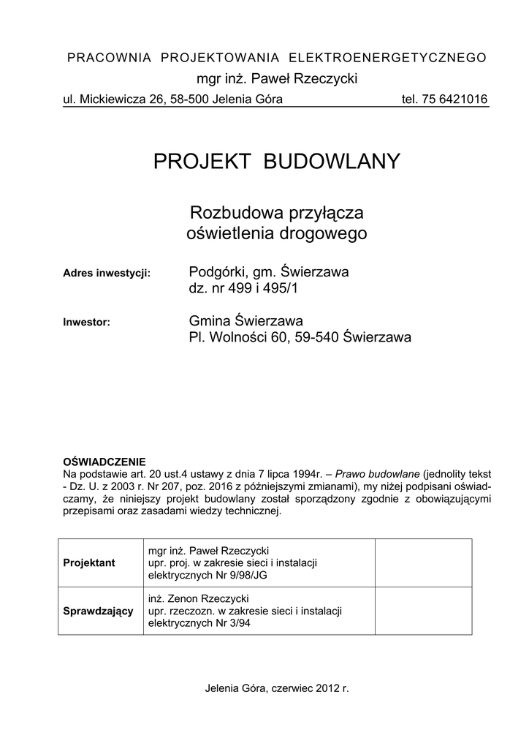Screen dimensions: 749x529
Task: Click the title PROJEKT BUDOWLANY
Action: (277, 162)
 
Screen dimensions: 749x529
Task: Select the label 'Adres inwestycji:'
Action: (107, 274)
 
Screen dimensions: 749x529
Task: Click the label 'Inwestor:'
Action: (86, 321)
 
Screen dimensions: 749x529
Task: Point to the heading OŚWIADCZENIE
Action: (105, 462)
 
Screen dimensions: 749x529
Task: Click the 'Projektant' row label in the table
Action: (89, 563)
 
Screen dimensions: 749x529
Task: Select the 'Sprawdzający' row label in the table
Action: (99, 611)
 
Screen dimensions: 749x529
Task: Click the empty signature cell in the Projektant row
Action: (423, 563)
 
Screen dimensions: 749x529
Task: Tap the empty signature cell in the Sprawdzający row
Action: (423, 611)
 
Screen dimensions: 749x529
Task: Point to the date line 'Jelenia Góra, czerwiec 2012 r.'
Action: (278, 688)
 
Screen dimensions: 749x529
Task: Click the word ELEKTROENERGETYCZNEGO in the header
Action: (388, 58)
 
